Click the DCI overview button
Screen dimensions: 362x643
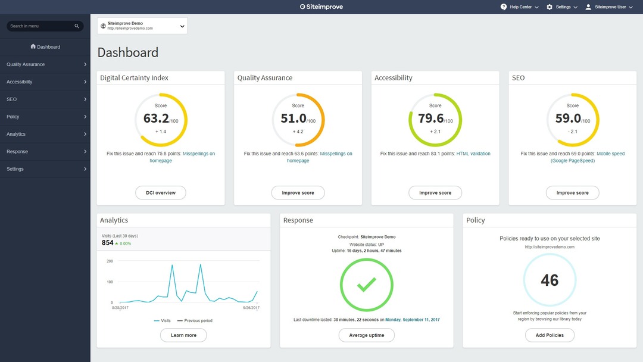pos(161,193)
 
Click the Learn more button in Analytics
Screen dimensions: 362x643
pos(183,335)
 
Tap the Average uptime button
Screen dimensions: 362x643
pos(367,335)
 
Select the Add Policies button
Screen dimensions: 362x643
pos(550,335)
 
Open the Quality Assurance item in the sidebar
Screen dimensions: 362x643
pos(45,64)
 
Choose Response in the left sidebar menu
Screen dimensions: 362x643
pos(45,152)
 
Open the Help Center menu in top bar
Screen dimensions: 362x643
pos(520,7)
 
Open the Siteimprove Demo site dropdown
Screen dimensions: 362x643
pos(142,26)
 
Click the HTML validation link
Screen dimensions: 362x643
pos(473,154)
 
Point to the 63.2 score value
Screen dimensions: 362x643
pos(156,118)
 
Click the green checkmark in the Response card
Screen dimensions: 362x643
pos(367,285)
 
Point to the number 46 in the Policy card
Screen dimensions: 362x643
pos(550,280)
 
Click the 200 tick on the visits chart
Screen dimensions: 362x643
pos(110,261)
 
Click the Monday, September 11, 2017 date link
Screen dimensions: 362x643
pos(413,320)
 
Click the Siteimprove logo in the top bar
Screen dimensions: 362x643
pos(321,7)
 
